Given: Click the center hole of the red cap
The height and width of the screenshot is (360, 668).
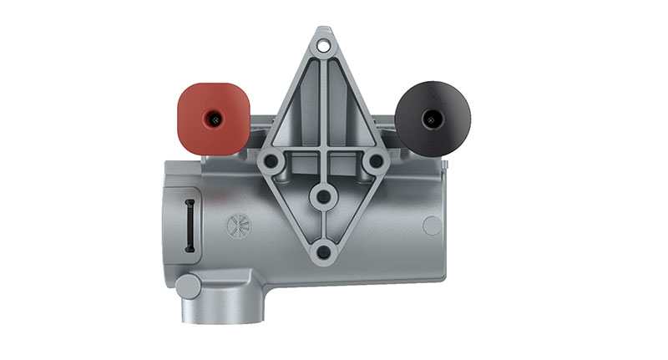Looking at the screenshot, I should coord(215,120).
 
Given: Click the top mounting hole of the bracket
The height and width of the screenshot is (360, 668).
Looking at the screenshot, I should coord(323,40).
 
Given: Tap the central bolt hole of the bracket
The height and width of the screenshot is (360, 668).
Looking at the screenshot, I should coord(322,196).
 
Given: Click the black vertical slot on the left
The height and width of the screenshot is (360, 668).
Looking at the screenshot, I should coord(190,226).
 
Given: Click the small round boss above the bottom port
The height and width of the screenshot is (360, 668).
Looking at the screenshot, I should coord(189,286).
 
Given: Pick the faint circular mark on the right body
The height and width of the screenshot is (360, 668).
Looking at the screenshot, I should coord(432,224).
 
